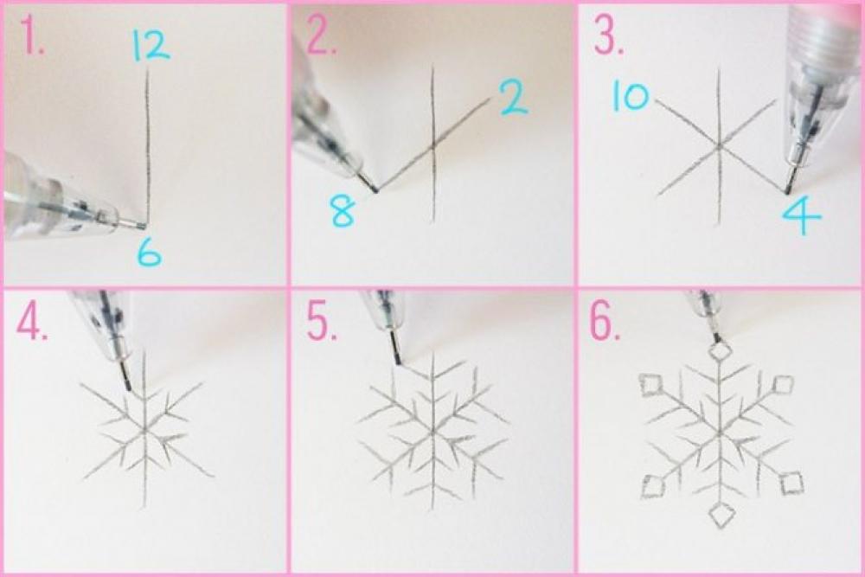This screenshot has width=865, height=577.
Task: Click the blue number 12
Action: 150,45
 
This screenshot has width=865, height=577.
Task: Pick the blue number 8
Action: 343,212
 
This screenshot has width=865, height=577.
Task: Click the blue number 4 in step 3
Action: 800,216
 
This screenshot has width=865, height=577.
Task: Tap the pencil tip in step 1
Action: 145,226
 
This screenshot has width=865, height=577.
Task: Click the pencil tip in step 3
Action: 787,191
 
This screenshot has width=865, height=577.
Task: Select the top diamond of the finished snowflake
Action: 720,351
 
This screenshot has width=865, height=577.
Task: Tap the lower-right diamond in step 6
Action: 791,484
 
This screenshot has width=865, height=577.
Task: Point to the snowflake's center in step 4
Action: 145,431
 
